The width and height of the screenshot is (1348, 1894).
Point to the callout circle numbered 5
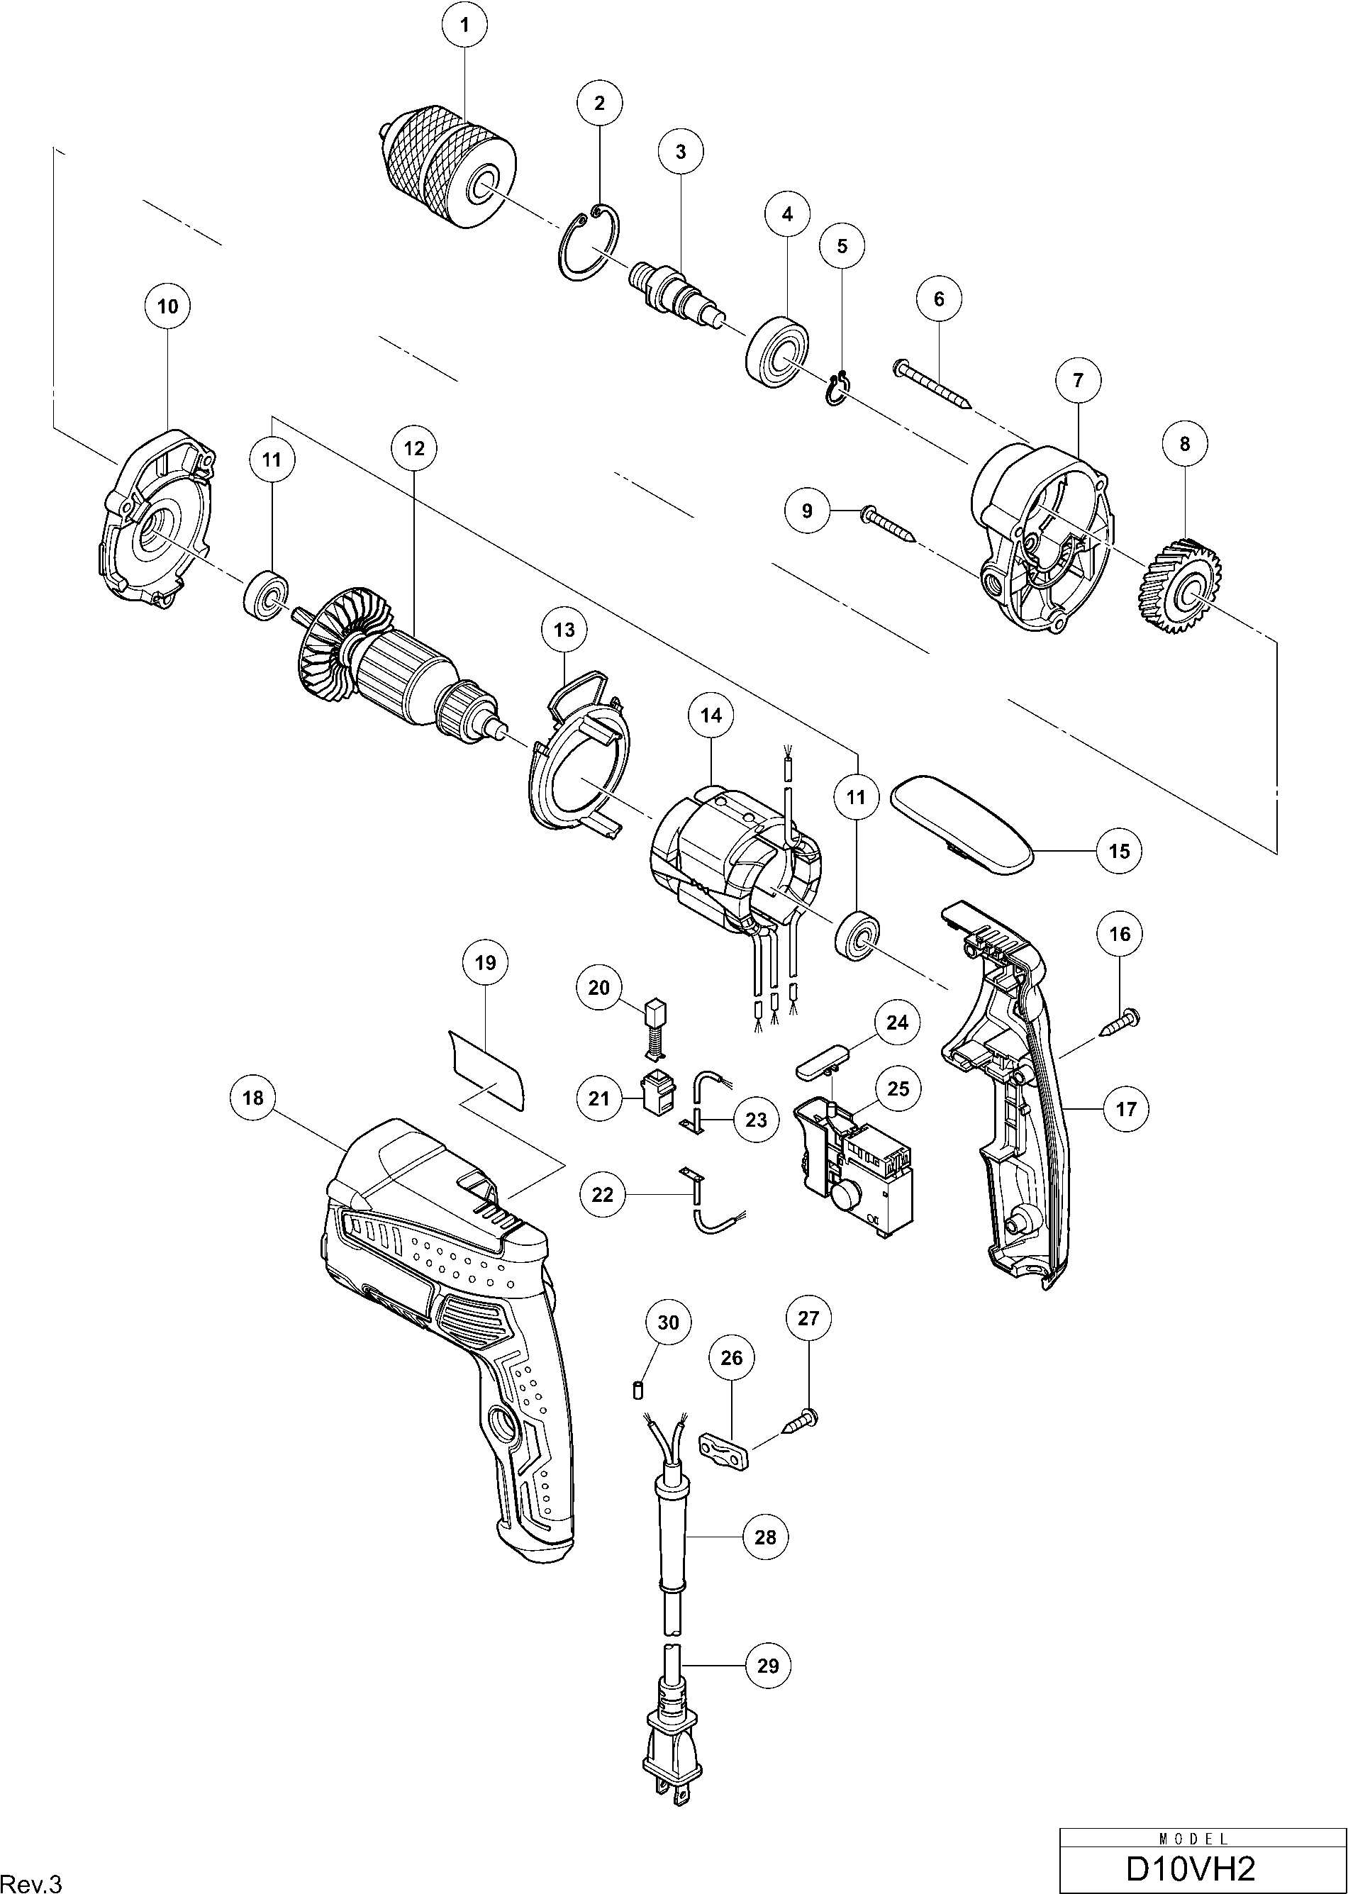point(842,247)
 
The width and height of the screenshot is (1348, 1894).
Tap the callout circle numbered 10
point(167,306)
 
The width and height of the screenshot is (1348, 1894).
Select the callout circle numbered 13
point(564,630)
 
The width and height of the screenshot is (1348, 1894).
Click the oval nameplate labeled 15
point(960,822)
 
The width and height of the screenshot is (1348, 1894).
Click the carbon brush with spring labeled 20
point(657,1029)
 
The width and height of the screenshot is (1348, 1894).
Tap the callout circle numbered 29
point(769,1666)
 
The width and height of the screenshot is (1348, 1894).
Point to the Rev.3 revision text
point(31,1861)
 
